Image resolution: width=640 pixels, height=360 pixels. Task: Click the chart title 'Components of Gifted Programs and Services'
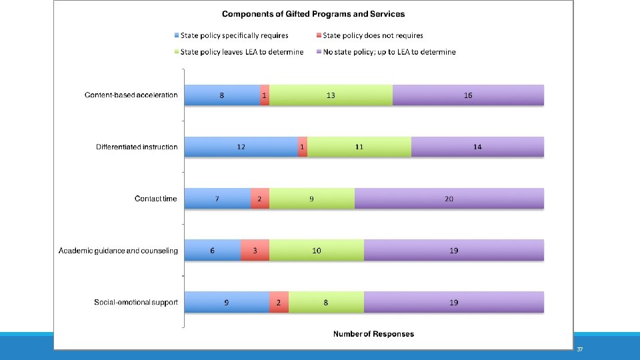313,14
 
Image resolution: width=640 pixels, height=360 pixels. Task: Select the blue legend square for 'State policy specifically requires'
177,35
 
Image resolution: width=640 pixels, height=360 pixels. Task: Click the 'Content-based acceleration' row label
131,95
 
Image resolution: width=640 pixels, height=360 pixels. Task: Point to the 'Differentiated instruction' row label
137,147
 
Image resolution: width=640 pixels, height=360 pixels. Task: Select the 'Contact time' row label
155,199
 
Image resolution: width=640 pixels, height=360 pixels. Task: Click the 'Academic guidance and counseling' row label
118,251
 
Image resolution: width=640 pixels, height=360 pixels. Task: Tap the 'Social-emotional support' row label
136,303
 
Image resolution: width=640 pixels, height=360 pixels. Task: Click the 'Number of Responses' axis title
373,334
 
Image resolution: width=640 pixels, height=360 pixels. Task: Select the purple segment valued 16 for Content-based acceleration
468,95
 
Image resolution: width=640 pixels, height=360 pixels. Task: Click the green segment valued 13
331,95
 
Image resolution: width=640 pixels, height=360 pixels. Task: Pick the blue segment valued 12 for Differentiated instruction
241,147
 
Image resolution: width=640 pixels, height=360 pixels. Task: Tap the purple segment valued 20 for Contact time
449,199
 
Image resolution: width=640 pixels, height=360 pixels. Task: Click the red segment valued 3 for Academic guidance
255,250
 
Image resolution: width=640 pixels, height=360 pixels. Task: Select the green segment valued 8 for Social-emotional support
326,302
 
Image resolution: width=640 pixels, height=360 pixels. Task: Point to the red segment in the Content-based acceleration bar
265,95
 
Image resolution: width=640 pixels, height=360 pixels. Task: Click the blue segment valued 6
213,250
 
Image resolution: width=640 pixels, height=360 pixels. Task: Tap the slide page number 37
579,349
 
